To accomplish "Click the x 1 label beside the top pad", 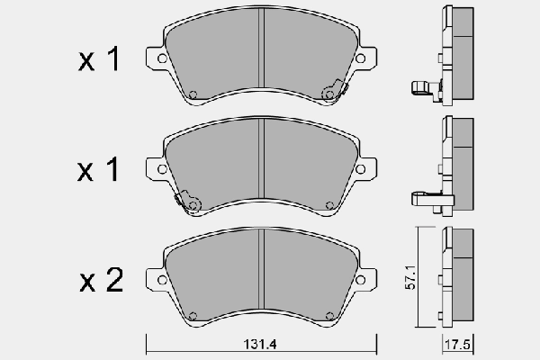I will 98,60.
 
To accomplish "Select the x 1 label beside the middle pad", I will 98,171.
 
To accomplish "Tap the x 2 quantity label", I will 98,282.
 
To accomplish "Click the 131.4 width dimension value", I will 261,344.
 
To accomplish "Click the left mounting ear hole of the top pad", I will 161,59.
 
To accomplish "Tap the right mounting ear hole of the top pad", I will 360,59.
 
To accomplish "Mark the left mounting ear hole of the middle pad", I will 161,169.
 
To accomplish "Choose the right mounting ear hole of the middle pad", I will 360,169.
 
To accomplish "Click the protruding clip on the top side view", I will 420,87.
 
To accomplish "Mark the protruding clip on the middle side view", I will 420,196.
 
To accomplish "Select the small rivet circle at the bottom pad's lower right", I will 328,315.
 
